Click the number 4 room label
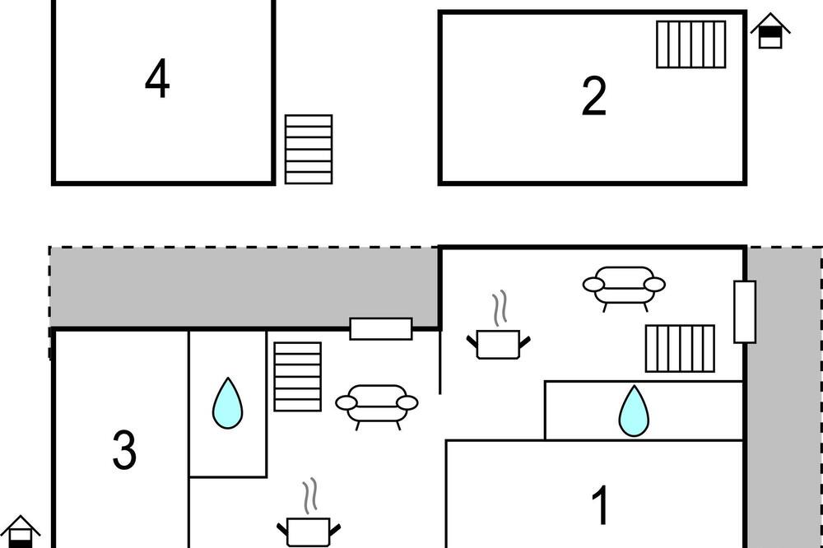(x=157, y=79)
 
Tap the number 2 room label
(x=594, y=96)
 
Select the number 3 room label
(x=124, y=450)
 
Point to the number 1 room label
(x=601, y=504)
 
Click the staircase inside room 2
(x=690, y=44)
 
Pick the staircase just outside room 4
(x=309, y=149)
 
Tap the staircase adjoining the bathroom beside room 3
(x=298, y=376)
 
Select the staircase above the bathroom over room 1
(x=680, y=349)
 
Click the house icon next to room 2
(x=770, y=31)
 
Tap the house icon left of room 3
(x=20, y=532)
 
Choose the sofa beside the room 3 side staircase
(x=377, y=406)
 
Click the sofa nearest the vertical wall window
(x=624, y=289)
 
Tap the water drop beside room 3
(x=228, y=403)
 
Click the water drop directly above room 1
(x=634, y=411)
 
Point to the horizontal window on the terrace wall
(x=381, y=328)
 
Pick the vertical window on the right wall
(x=745, y=312)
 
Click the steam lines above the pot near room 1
(x=500, y=308)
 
